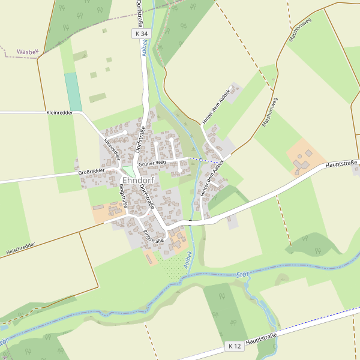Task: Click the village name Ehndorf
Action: (x=138, y=180)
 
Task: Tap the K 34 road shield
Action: (x=141, y=34)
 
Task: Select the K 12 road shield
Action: (x=235, y=346)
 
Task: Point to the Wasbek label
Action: (x=28, y=52)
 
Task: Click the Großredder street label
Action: (x=91, y=172)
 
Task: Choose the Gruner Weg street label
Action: (x=151, y=163)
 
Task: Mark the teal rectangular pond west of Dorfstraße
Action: (x=73, y=92)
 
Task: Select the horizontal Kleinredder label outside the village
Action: (x=59, y=112)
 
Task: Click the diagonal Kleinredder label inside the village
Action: (x=112, y=149)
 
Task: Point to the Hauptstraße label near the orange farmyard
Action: (x=341, y=163)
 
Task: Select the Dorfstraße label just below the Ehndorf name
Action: (x=146, y=196)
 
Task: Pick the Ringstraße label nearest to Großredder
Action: (x=123, y=196)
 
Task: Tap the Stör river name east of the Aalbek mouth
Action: (x=243, y=275)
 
